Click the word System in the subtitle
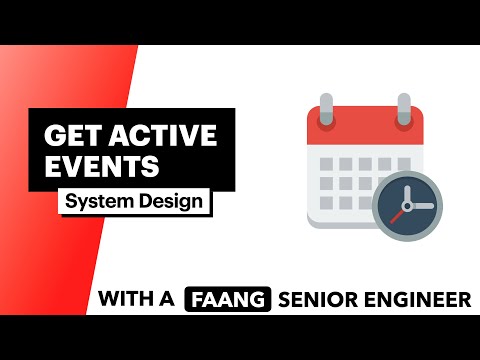99,201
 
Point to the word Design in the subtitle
170,201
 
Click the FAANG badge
228,299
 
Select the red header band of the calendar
365,129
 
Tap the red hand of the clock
401,212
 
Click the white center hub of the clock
408,205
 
